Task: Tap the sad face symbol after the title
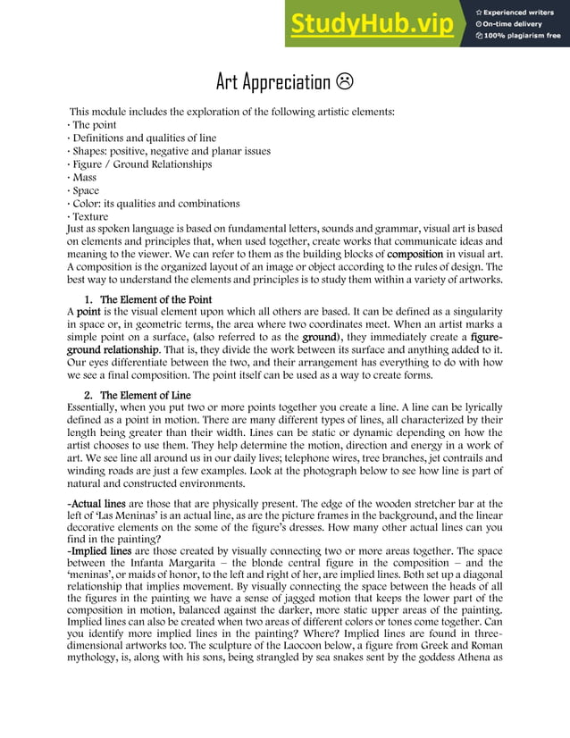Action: click(344, 83)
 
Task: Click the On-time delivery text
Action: click(519, 24)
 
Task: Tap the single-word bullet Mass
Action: click(84, 178)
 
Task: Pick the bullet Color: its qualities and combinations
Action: click(155, 204)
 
